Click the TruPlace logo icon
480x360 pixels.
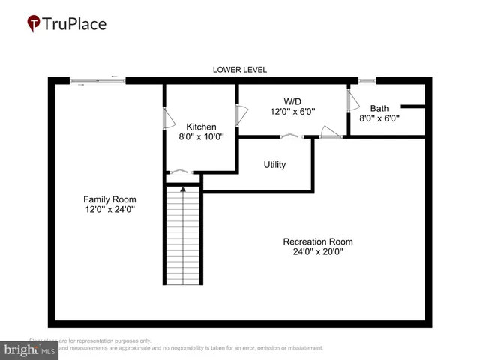coord(34,23)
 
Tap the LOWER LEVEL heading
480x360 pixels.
coord(239,70)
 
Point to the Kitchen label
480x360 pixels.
coord(201,127)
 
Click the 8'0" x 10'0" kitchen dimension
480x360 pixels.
coord(201,137)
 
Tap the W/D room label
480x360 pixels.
coord(292,100)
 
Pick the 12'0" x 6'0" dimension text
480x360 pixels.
coord(292,111)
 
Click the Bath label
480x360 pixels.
coord(379,107)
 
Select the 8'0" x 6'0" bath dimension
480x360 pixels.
coord(379,118)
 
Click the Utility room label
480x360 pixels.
coord(274,164)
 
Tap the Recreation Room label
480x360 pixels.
coord(317,241)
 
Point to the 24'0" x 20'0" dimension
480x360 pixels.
coord(317,252)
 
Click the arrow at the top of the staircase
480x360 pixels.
coord(183,190)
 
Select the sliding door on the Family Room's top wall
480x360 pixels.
coord(97,79)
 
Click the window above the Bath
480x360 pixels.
coord(367,79)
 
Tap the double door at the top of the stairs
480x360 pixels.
coord(181,172)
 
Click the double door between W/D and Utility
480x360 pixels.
coord(289,136)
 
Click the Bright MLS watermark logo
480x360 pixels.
coord(30,349)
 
